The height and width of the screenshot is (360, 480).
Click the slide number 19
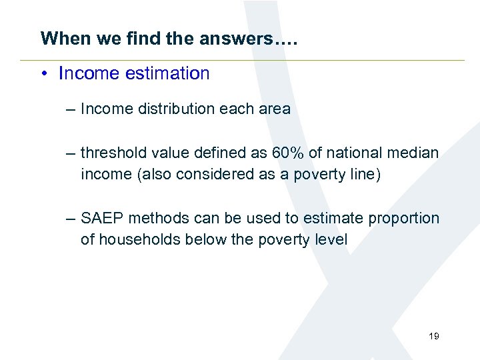pos(434,336)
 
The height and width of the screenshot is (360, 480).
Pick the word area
pos(275,109)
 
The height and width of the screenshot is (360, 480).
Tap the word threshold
pos(111,153)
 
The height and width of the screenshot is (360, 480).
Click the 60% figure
pos(288,153)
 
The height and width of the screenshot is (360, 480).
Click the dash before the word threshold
pos(71,153)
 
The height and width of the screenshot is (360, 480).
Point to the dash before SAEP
pos(71,218)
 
